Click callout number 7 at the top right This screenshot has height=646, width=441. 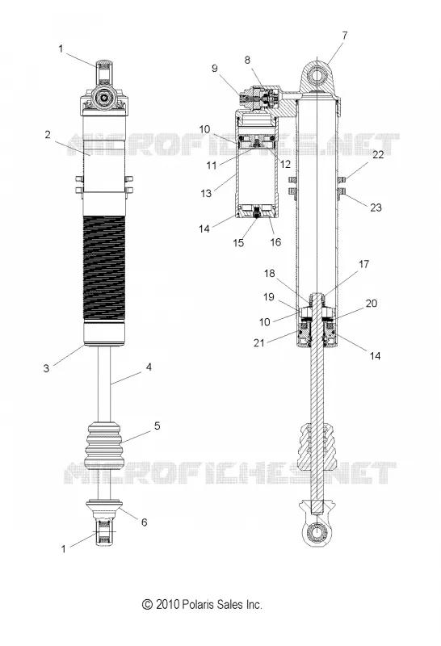point(345,36)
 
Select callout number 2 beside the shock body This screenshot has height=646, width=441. point(48,135)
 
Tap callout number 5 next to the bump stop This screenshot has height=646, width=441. point(157,426)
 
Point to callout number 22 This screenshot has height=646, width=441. point(378,154)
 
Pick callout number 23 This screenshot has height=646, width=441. point(376,208)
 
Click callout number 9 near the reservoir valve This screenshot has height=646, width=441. point(215,69)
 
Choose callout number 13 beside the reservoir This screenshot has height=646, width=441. point(206,193)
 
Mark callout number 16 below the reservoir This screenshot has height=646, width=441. point(275,241)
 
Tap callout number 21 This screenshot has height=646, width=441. point(258,342)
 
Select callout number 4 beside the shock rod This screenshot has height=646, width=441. point(149,367)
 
